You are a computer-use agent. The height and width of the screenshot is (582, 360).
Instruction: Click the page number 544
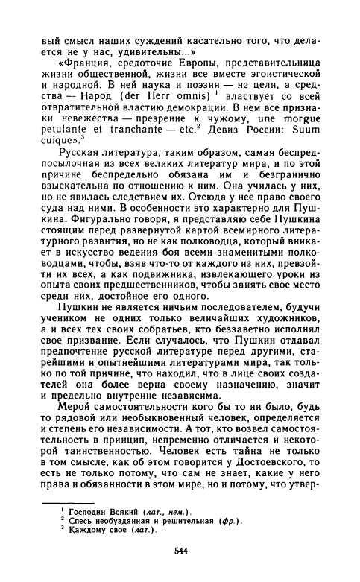tap(180, 549)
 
